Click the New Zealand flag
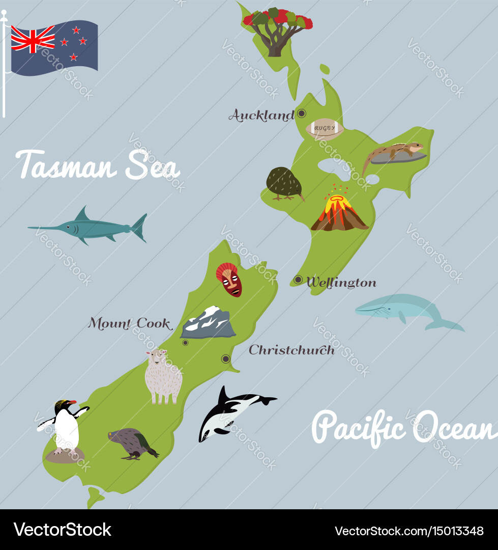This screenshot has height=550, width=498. pos(54,47)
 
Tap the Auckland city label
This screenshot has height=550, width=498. pos(261,116)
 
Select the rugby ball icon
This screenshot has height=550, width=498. pos(325,128)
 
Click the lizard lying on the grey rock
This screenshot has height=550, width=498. pos(395,152)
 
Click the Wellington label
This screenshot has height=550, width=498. pos(341,283)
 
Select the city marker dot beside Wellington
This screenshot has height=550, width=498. pos(298,280)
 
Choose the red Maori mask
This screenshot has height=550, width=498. pos(230,279)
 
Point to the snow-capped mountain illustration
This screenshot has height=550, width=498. pos(208,322)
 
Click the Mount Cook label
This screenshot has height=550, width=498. pos(130,323)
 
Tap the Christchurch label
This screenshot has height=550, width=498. pos(291,350)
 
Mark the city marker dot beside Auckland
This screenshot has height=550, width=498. pos(302,114)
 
